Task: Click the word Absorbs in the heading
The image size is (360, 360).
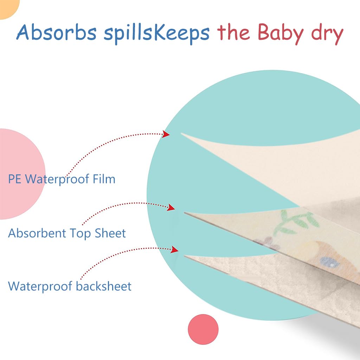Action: point(56,33)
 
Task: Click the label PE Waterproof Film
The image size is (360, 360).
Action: point(62,179)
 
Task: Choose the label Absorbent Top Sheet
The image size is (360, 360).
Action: point(67,233)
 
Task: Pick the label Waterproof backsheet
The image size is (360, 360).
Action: point(70,286)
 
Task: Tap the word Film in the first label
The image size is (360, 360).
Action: point(104,179)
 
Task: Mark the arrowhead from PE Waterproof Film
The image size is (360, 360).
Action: point(166,134)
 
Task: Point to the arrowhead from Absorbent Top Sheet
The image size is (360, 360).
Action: point(171,207)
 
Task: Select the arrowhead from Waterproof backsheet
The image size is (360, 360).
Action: point(174,250)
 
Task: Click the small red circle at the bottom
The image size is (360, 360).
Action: point(203,329)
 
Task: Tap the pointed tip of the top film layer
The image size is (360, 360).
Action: point(182,134)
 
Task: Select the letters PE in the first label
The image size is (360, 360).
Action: point(15,179)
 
